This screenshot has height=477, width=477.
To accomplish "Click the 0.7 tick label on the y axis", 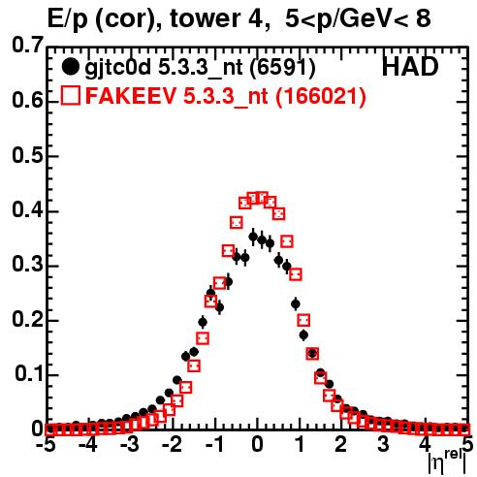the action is pos(27,45).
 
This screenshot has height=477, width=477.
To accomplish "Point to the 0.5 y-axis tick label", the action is pos(27,156).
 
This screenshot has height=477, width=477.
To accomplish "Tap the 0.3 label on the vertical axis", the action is pos(27,265).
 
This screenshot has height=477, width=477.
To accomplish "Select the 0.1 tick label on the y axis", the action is pos(29,374).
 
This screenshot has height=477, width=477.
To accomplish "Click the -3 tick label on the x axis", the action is pos(129,445).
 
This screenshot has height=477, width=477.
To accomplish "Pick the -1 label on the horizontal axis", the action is pos(215,445).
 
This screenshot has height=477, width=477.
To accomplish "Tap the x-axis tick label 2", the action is pos(340,445).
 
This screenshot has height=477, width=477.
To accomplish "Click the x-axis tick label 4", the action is pos(425,445).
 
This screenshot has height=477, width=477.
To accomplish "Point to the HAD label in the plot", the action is pos(410,67).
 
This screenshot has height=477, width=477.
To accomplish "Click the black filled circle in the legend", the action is pos(70,67).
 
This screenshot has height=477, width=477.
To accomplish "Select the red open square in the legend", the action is pos(71,95).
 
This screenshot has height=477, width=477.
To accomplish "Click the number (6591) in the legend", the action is pos(283,68).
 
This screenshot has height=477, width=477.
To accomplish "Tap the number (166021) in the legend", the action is pos(321,96).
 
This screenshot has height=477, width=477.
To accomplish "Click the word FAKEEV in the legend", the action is pos(132,96).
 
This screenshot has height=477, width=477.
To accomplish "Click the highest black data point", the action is pos(253,237).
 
